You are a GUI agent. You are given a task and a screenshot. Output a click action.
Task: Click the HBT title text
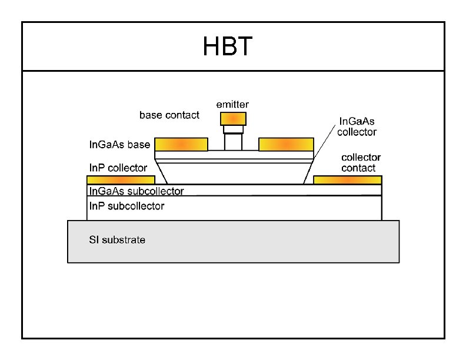[228, 47]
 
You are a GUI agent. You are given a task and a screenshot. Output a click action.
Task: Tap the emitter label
[232, 104]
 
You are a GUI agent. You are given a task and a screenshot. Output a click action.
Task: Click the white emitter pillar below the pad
[233, 141]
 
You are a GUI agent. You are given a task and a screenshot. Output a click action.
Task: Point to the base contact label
[169, 115]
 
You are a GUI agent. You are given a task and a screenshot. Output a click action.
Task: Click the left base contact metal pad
[181, 144]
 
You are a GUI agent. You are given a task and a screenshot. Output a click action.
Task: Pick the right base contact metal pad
[286, 144]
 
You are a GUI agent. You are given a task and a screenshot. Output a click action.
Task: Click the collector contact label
[361, 162]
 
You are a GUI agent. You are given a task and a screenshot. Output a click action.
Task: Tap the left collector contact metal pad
[121, 179]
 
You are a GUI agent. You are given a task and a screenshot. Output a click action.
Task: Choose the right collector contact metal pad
[347, 179]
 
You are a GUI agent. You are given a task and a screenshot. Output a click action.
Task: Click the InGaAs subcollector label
[136, 191]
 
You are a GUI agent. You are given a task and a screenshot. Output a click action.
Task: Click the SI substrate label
[117, 240]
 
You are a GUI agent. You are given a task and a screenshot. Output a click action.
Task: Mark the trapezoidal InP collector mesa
[234, 174]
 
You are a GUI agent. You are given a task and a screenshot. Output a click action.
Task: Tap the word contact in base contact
[183, 115]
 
